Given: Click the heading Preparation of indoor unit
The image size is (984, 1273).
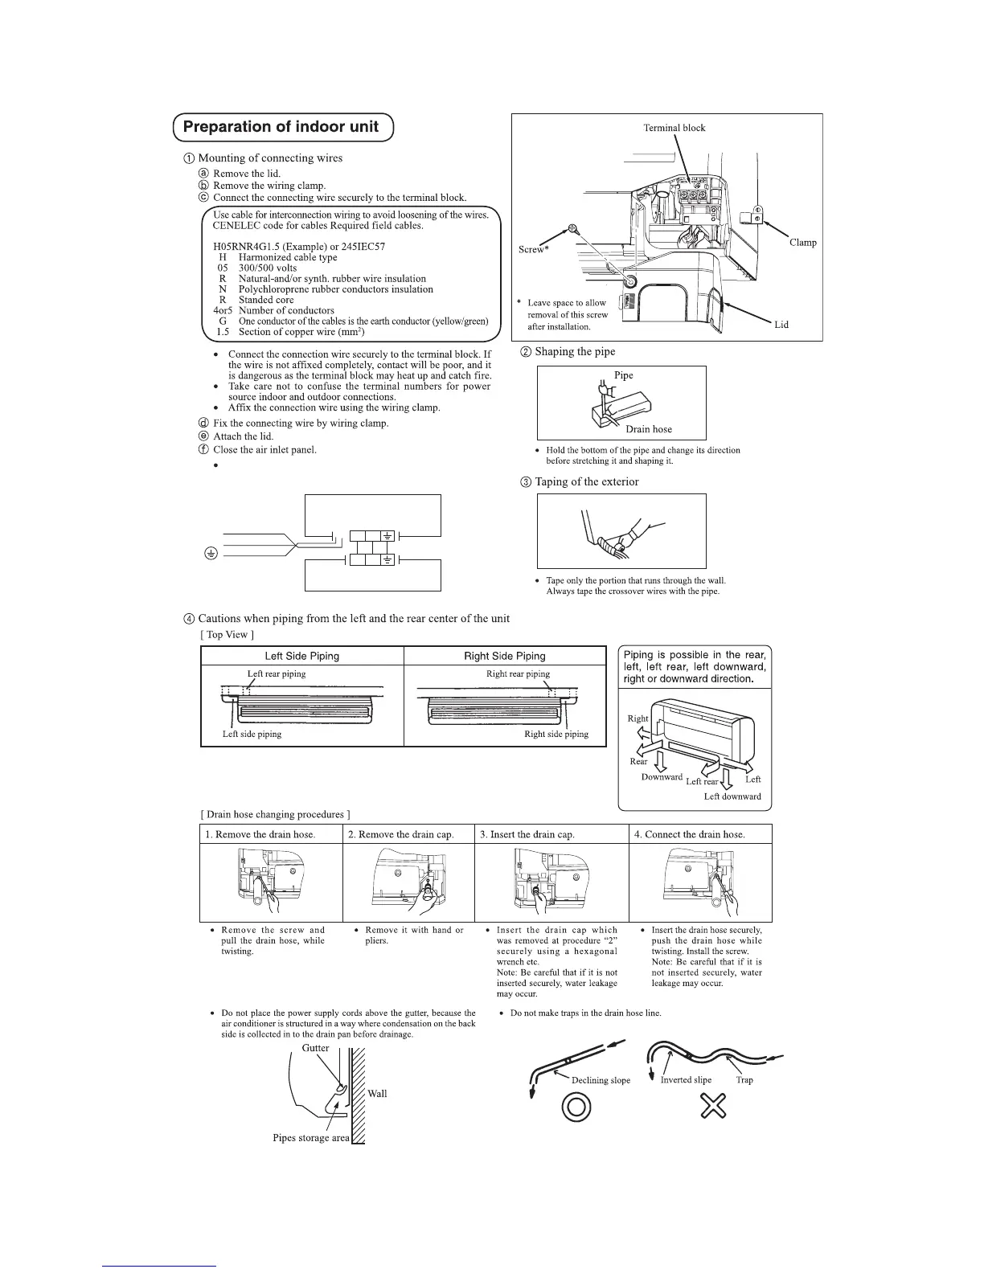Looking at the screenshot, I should click(x=281, y=127).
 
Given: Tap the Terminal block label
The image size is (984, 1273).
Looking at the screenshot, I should click(x=674, y=128).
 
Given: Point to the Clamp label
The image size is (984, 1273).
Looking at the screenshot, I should click(x=802, y=243).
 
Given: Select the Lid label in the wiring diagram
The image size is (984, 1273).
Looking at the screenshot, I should click(x=781, y=325).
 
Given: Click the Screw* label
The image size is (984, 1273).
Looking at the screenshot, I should click(x=532, y=250).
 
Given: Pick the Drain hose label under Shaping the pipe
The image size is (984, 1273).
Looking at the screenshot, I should click(x=648, y=429).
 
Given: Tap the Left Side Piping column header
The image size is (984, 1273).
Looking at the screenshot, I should click(x=302, y=656).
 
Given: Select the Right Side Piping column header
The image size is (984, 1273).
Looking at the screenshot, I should click(x=505, y=656).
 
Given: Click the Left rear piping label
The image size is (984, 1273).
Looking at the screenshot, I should click(x=277, y=673).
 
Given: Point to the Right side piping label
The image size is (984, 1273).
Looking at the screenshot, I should click(x=556, y=734).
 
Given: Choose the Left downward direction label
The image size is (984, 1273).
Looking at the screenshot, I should click(x=732, y=796).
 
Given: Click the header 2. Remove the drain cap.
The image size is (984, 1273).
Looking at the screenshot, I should click(x=401, y=834).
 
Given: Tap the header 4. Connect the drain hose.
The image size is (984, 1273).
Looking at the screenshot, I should click(x=689, y=834).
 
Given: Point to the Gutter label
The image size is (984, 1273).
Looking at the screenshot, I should click(x=315, y=1048).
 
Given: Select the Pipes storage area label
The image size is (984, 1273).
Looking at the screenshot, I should click(x=311, y=1138).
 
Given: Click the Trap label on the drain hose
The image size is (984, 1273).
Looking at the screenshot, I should click(x=744, y=1080).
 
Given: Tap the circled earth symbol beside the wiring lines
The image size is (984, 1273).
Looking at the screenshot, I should click(x=210, y=553).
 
